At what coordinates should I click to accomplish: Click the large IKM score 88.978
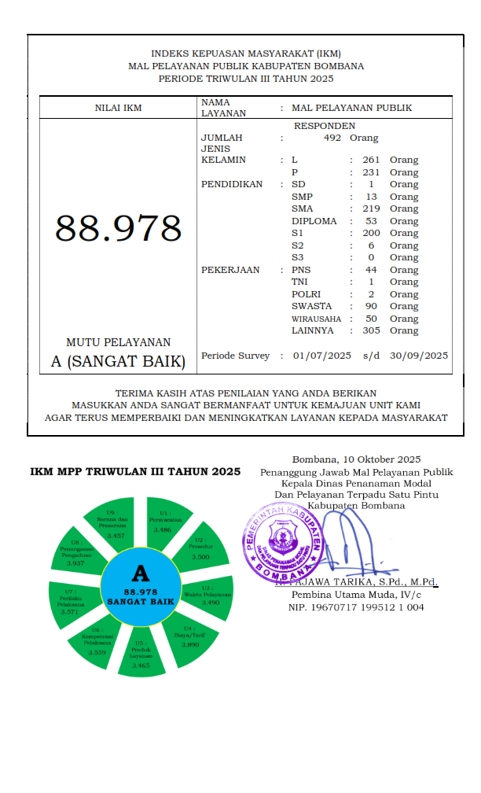point(118,229)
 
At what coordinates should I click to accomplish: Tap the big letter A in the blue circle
point(141,573)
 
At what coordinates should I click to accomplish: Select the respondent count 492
point(332,138)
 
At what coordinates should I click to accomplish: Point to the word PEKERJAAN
point(229,270)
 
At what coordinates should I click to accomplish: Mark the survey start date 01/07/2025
point(321,356)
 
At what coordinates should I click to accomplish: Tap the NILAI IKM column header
point(118,108)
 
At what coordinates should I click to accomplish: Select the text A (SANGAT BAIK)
point(118,362)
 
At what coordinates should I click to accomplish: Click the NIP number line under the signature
point(356,607)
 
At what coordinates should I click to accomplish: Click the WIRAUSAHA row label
point(316,319)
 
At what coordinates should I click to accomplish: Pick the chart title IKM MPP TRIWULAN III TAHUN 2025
point(135,472)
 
